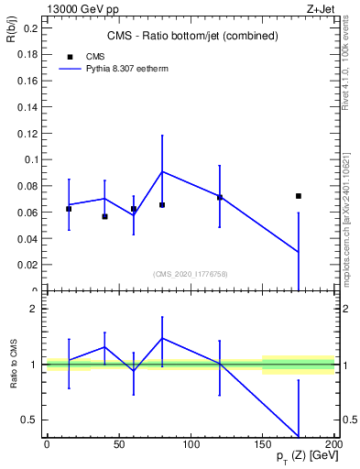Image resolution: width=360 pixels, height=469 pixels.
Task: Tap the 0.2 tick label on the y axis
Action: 28,27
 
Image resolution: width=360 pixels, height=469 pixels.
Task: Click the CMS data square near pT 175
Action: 299,196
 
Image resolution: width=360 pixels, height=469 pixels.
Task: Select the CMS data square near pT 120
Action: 220,198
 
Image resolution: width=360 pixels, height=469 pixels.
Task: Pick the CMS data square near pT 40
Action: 104,217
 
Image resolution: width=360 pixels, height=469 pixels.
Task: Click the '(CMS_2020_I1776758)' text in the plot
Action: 191,274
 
